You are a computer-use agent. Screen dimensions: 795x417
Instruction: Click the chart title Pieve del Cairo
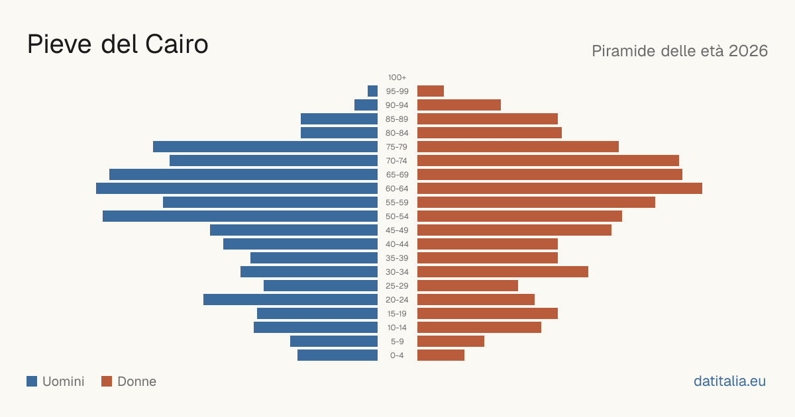[117, 44]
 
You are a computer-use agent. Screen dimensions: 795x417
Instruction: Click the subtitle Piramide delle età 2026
[680, 51]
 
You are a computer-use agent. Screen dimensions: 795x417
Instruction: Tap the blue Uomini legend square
[32, 381]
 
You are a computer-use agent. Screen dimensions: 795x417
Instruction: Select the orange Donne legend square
[107, 381]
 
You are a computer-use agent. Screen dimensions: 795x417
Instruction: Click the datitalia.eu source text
[729, 381]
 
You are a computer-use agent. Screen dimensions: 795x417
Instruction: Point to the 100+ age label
[397, 77]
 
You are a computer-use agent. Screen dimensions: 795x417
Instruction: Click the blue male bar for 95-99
[372, 91]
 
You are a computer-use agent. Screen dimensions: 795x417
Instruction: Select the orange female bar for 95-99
[431, 91]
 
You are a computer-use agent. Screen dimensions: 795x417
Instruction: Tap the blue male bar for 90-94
[366, 105]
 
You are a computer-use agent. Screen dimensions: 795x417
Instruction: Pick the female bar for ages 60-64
[560, 188]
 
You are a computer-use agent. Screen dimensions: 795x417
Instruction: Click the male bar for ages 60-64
[237, 188]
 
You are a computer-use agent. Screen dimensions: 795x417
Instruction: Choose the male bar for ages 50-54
[240, 216]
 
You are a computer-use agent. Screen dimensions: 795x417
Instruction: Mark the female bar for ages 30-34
[503, 272]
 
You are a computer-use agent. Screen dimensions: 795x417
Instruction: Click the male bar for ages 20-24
[290, 300]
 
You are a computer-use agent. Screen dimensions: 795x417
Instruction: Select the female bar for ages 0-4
[441, 355]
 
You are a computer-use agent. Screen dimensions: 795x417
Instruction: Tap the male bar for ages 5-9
[334, 342]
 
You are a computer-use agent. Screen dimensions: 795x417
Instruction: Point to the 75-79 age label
[397, 147]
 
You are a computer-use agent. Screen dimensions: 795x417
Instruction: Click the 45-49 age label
[397, 230]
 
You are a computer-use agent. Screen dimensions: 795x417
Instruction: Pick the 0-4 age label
[397, 355]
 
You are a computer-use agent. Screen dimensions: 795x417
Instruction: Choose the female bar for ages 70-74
[549, 161]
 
